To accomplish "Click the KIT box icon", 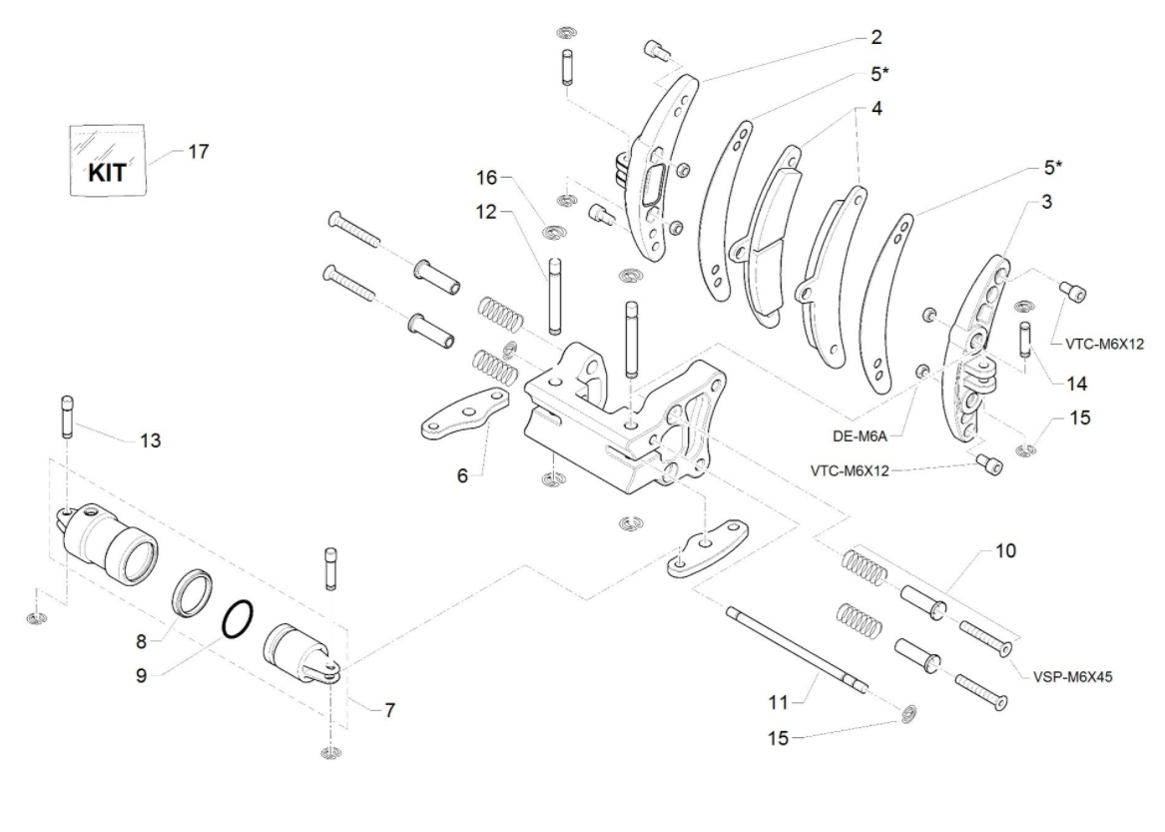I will pos(108,163).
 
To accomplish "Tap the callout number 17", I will pos(198,152).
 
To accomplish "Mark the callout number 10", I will pos(1004,550).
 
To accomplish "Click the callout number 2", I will pos(875,38).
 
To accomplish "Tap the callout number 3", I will pos(1046,201).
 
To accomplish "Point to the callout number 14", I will pos(1048,383).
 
